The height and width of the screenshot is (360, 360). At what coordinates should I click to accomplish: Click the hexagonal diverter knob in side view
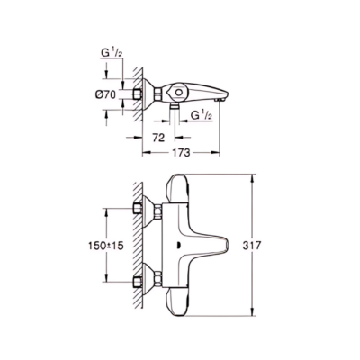(178, 92)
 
